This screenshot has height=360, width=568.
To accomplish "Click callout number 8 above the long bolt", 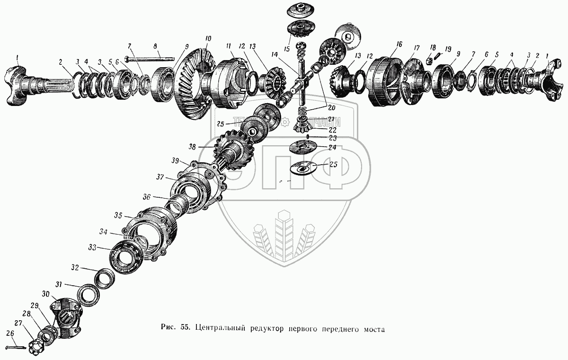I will click(x=155, y=47).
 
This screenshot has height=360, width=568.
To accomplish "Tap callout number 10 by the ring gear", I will click(x=208, y=38).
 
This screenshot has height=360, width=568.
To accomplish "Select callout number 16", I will click(x=399, y=44).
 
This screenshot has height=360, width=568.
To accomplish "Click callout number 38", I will click(x=192, y=147).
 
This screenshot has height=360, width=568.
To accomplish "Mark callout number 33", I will click(x=92, y=247).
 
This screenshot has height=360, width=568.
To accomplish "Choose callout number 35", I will click(x=118, y=216).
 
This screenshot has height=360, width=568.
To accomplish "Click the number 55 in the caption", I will click(x=185, y=327).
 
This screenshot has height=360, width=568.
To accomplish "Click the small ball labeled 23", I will click(x=307, y=136).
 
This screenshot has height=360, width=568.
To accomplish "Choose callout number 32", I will click(x=75, y=267).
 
